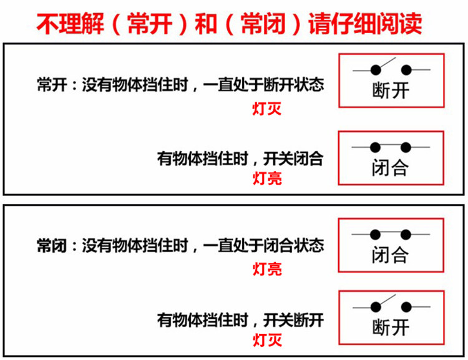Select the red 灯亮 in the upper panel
[x=267, y=178]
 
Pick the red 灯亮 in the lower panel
[x=267, y=269]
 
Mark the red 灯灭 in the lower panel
[x=267, y=340]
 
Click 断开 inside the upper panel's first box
[x=391, y=90]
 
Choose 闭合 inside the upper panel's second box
[x=391, y=168]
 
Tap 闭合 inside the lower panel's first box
[x=391, y=255]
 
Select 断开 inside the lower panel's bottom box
[x=391, y=327]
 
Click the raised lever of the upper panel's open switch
[x=386, y=62]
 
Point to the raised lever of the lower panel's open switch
[x=386, y=300]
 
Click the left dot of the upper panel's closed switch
[x=375, y=147]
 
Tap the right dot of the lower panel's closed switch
[x=406, y=235]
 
